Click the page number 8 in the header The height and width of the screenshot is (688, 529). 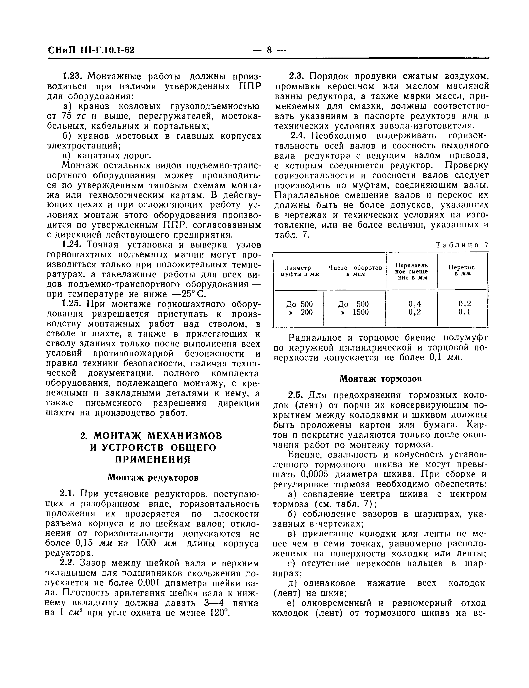270,50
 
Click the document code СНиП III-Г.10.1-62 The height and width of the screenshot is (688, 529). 91,50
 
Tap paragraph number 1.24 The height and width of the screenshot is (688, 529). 73,245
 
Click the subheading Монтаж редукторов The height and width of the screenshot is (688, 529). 153,477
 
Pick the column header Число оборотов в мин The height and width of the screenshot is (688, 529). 355,271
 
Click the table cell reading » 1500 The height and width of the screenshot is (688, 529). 355,312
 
